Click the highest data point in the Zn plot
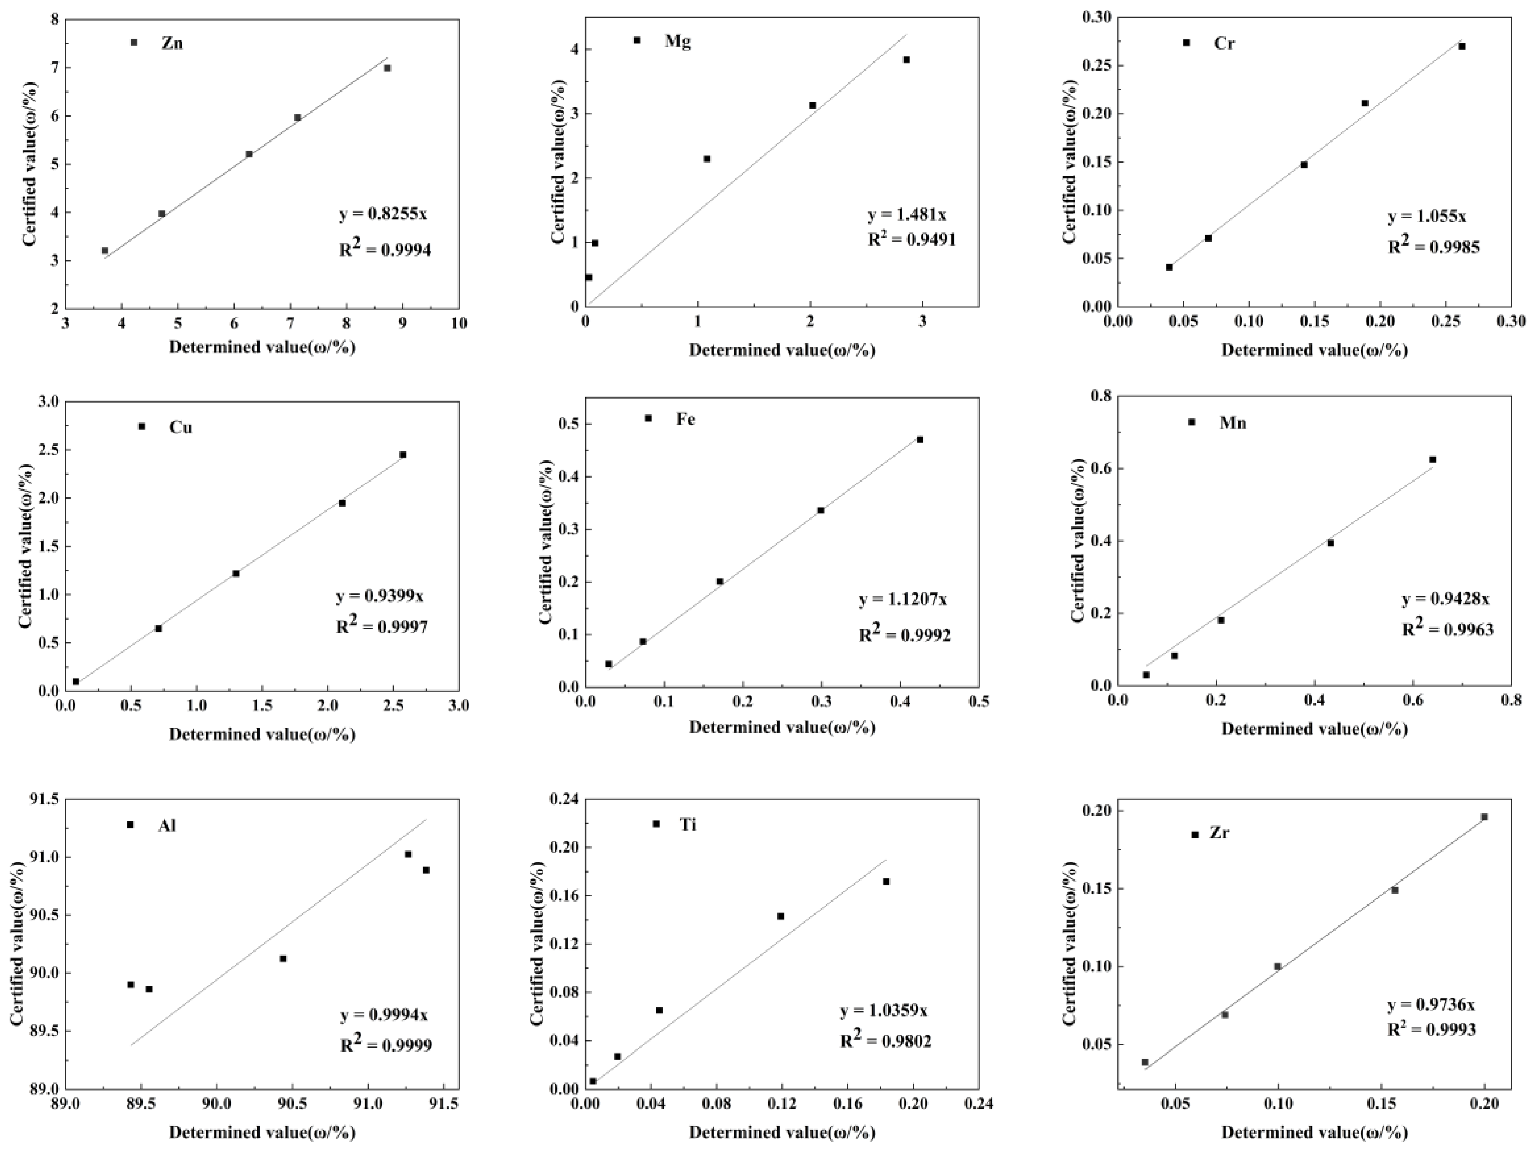387,68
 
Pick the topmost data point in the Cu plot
403,455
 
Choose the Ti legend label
688,825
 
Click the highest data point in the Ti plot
886,881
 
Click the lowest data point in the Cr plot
1169,268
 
